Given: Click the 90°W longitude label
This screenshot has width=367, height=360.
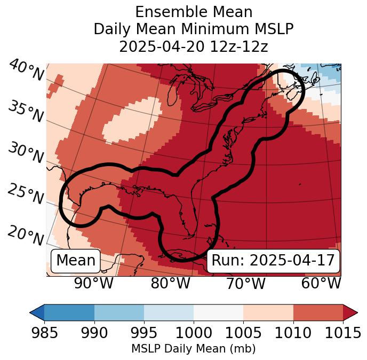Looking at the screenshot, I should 93,283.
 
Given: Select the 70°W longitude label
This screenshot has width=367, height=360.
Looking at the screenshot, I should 245,283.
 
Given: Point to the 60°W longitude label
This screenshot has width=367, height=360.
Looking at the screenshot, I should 321,283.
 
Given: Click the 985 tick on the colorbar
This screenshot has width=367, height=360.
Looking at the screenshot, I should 44,333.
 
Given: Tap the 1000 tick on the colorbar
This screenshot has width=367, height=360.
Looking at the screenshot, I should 194,333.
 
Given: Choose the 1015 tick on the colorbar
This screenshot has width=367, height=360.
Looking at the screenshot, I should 342,333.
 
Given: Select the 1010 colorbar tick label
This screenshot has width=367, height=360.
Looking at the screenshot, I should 293,333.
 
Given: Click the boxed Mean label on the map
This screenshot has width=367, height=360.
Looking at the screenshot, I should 76,261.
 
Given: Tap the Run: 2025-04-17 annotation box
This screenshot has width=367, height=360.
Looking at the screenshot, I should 273,261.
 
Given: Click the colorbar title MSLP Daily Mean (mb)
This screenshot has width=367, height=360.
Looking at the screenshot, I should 193,349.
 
